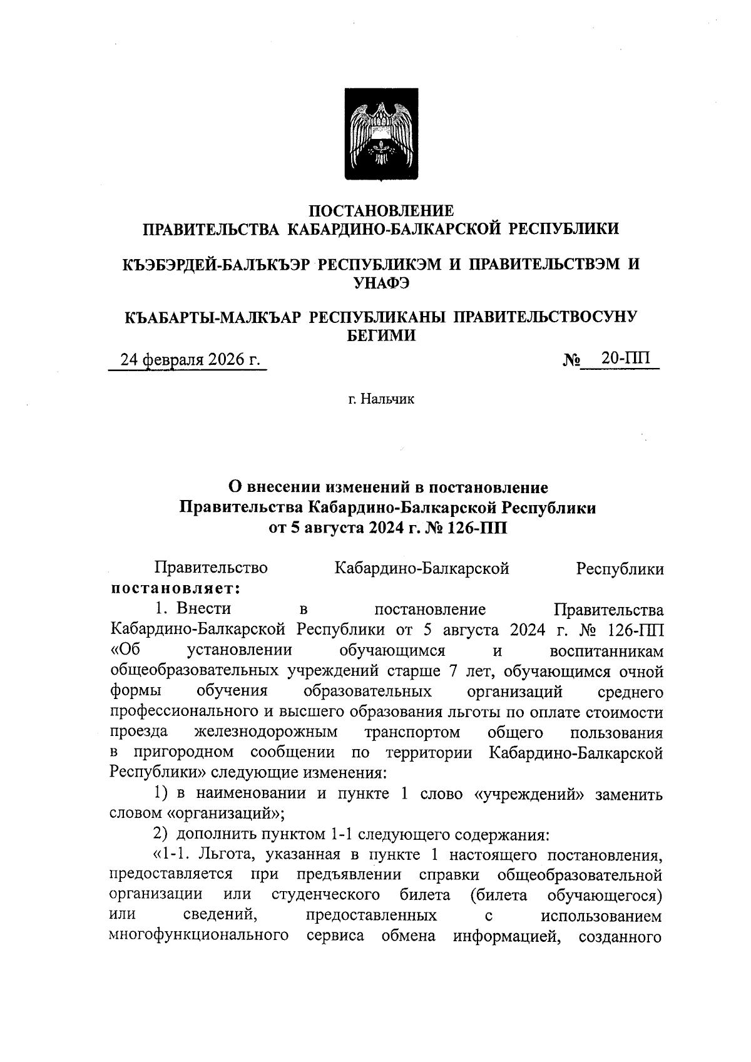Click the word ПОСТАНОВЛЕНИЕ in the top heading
382,211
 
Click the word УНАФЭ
382,283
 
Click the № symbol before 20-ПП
571,360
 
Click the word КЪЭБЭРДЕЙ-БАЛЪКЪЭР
216,264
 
